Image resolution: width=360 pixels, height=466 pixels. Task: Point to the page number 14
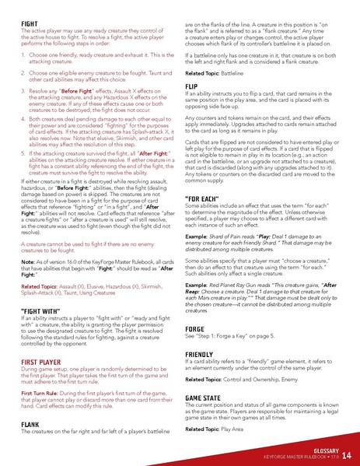[x=346, y=454]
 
